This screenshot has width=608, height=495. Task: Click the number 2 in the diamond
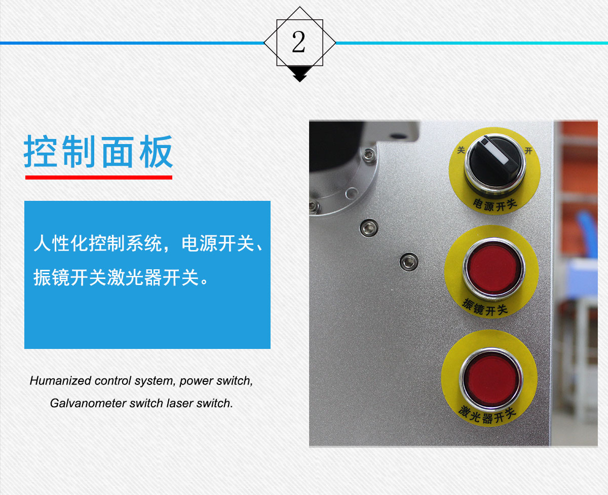298,42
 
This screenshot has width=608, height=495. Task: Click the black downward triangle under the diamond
299,74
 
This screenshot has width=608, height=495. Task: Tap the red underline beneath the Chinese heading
99,178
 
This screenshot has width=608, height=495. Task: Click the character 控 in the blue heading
40,151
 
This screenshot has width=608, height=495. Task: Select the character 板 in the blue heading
156,151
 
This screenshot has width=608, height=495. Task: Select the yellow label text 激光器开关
487,415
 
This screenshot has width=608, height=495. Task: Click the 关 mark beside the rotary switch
461,150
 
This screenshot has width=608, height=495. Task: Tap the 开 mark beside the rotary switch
528,151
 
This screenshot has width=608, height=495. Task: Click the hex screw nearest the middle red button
409,262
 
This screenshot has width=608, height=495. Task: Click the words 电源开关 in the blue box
218,243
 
